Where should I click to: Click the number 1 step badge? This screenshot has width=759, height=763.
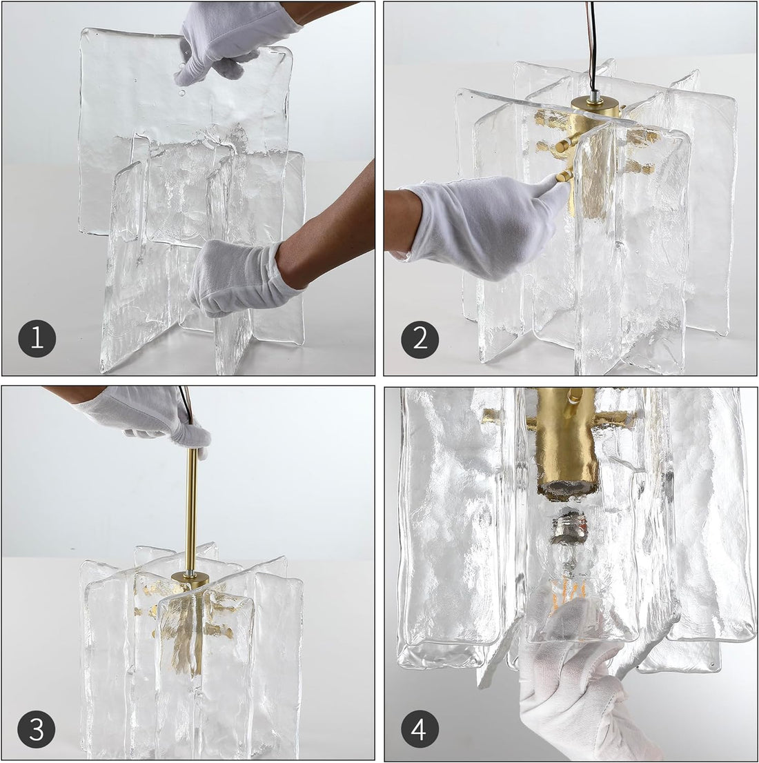click(37, 338)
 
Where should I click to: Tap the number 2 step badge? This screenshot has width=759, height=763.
click(420, 338)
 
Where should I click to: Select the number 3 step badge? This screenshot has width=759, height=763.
click(37, 729)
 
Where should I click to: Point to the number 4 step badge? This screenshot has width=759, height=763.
click(420, 729)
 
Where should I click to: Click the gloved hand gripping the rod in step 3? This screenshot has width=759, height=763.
click(152, 414)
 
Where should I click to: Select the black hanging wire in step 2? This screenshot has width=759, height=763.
click(591, 41)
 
